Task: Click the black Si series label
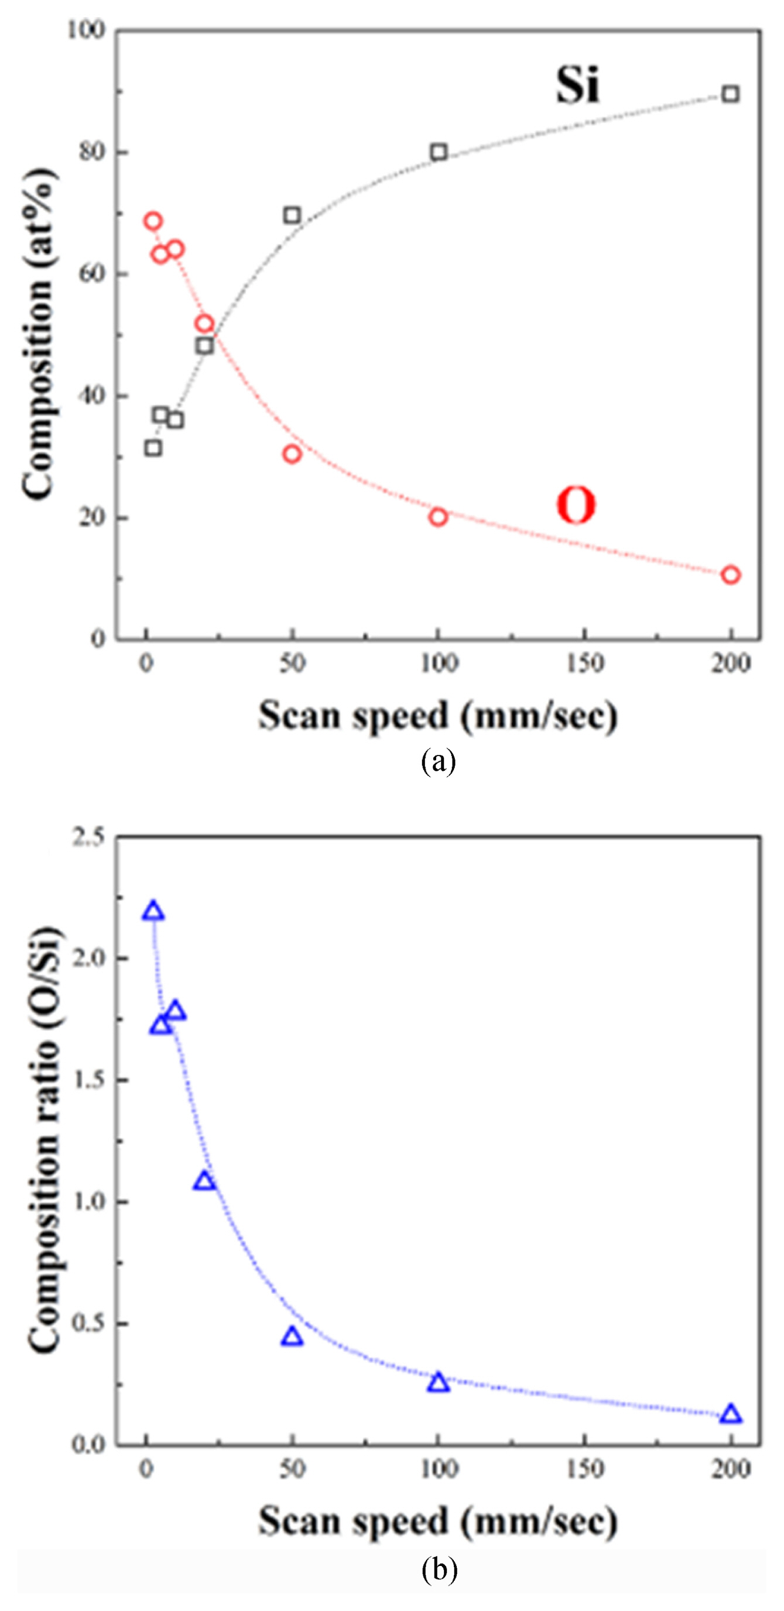click(x=577, y=85)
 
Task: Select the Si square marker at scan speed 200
click(x=730, y=94)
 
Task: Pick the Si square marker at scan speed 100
click(x=439, y=152)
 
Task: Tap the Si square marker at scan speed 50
click(x=292, y=216)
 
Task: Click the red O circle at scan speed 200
click(x=730, y=575)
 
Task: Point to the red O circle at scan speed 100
click(x=439, y=517)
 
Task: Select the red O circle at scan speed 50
click(x=292, y=454)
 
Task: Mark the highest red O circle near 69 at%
click(x=153, y=221)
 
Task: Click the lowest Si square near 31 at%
click(x=153, y=448)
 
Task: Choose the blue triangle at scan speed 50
click(x=292, y=1338)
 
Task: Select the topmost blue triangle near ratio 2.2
click(x=153, y=912)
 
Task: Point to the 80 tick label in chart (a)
click(x=91, y=152)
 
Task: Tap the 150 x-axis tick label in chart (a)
click(x=584, y=664)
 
